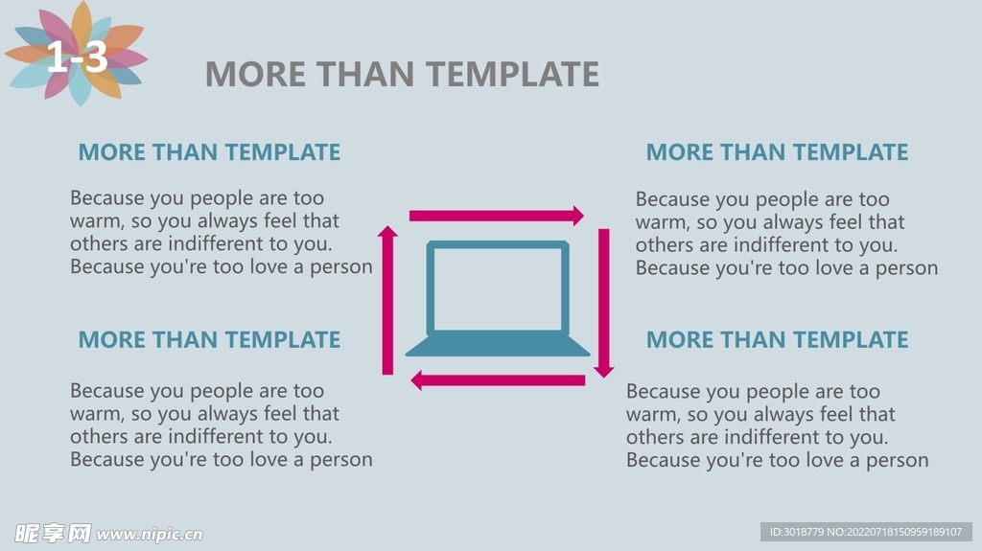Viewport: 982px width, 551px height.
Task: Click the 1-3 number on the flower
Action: point(77,57)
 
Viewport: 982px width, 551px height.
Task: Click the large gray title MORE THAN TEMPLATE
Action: point(402,74)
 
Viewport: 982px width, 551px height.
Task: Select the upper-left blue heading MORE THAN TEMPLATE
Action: point(209,152)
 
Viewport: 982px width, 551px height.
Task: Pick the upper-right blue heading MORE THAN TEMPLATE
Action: point(777,152)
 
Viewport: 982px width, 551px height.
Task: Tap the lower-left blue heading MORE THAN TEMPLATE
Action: point(209,339)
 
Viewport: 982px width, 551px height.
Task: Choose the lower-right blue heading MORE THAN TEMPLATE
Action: point(777,339)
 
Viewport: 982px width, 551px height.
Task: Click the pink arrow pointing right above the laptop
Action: point(497,216)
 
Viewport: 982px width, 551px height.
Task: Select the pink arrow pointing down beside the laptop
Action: point(604,303)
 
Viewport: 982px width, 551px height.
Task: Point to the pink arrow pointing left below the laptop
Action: point(498,380)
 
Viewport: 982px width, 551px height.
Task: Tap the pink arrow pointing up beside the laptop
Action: point(387,301)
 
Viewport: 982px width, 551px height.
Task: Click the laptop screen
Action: point(498,288)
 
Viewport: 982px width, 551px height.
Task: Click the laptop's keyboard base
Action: point(498,346)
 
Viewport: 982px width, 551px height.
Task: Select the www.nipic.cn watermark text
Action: point(150,534)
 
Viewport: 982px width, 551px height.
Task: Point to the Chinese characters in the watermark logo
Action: point(54,534)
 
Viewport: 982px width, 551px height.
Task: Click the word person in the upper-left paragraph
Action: point(341,267)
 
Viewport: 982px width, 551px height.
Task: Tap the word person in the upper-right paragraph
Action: point(907,268)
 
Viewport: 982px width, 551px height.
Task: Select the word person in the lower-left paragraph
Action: point(341,460)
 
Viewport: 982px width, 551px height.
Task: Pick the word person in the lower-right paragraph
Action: point(898,461)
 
